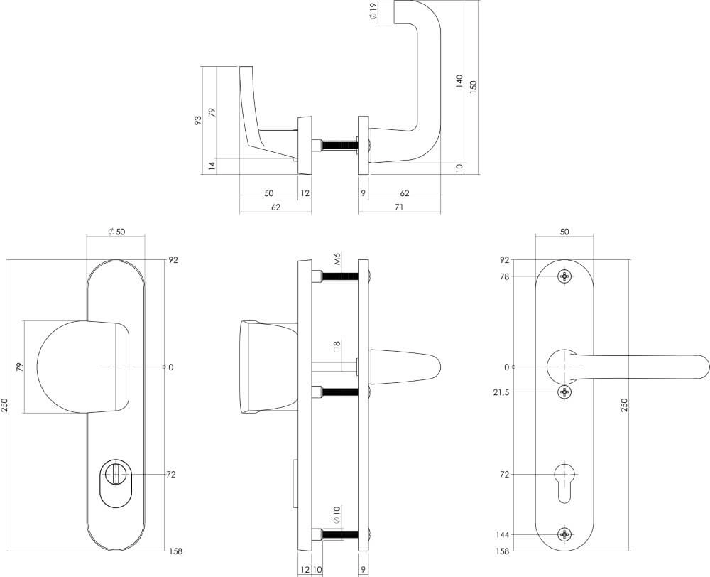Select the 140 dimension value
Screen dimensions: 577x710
click(459, 82)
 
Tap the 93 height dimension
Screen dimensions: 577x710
click(198, 120)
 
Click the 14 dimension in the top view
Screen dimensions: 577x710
click(212, 166)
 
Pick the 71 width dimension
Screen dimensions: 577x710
click(399, 207)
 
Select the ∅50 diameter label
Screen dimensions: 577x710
click(116, 232)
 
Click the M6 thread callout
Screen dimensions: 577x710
click(337, 259)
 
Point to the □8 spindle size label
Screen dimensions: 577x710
click(337, 347)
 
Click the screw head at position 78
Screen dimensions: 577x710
click(564, 276)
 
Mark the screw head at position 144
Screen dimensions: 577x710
click(564, 534)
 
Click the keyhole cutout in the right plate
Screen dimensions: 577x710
click(564, 480)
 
